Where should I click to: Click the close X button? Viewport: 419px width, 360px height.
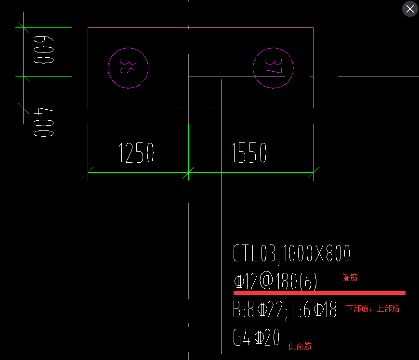pyautogui.click(x=410, y=9)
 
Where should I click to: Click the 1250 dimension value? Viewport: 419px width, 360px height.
pyautogui.click(x=136, y=154)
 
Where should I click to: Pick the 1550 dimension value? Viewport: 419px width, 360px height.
pyautogui.click(x=249, y=154)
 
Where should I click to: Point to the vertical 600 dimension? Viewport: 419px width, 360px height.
pyautogui.click(x=43, y=50)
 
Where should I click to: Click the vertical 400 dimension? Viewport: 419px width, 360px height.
pyautogui.click(x=43, y=123)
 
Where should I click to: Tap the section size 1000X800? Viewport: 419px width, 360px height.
pyautogui.click(x=316, y=254)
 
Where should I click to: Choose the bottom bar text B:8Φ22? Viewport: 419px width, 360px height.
pyautogui.click(x=257, y=310)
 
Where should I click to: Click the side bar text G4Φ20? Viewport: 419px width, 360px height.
pyautogui.click(x=256, y=338)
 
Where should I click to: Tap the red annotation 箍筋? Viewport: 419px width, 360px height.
pyautogui.click(x=350, y=278)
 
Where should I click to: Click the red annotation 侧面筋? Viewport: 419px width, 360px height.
pyautogui.click(x=300, y=346)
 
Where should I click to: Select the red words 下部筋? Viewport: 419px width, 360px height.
pyautogui.click(x=356, y=309)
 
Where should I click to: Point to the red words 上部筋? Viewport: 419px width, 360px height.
pyautogui.click(x=388, y=309)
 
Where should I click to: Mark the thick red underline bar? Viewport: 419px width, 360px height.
pyautogui.click(x=319, y=293)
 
